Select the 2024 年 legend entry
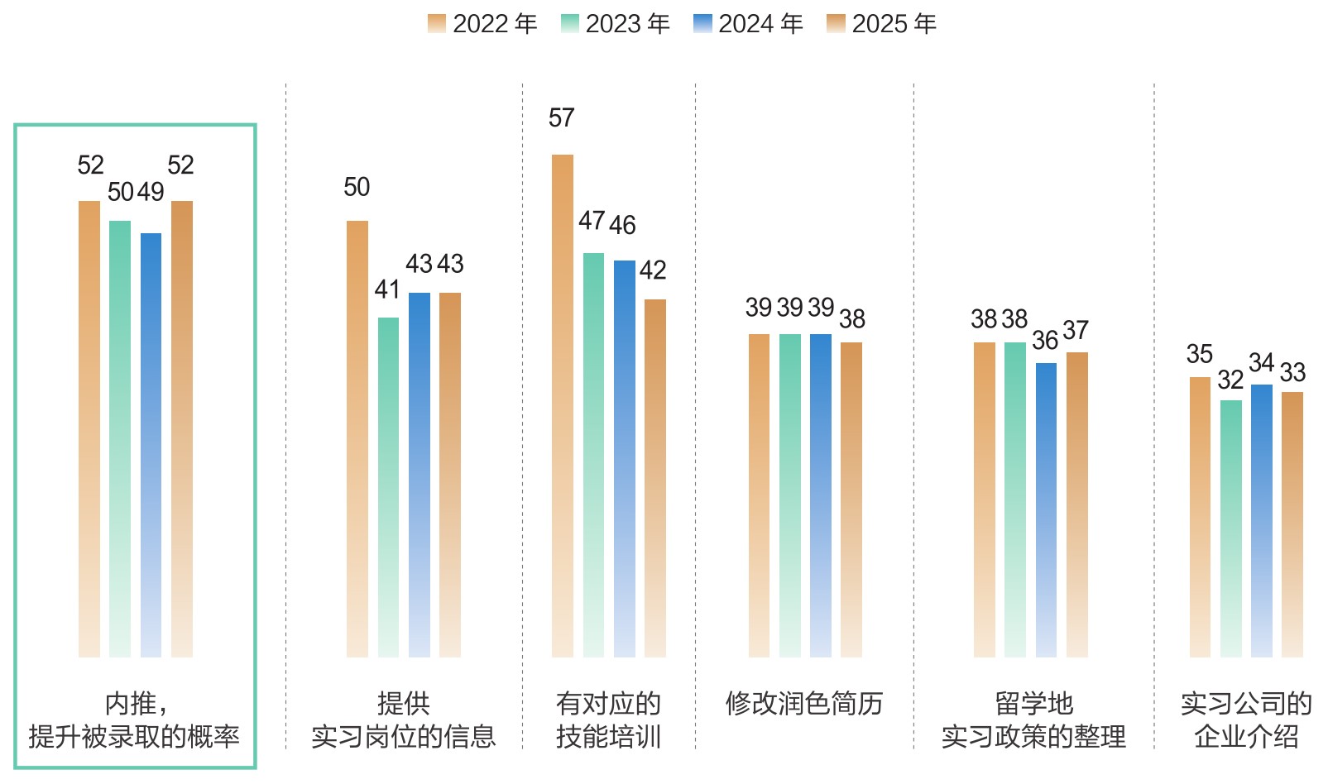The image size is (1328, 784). pyautogui.click(x=748, y=24)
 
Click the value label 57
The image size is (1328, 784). pyautogui.click(x=561, y=118)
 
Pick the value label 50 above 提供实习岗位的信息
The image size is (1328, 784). pyautogui.click(x=357, y=188)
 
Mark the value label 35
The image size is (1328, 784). pyautogui.click(x=1199, y=355)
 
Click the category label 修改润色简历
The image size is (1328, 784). pyautogui.click(x=804, y=704)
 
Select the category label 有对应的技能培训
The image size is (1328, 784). pyautogui.click(x=608, y=719)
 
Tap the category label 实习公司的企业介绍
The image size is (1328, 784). pyautogui.click(x=1246, y=719)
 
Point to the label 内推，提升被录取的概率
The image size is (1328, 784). pyautogui.click(x=134, y=719)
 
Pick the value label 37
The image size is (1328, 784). pyautogui.click(x=1076, y=331)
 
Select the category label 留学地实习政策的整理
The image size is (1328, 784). pyautogui.click(x=1033, y=719)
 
